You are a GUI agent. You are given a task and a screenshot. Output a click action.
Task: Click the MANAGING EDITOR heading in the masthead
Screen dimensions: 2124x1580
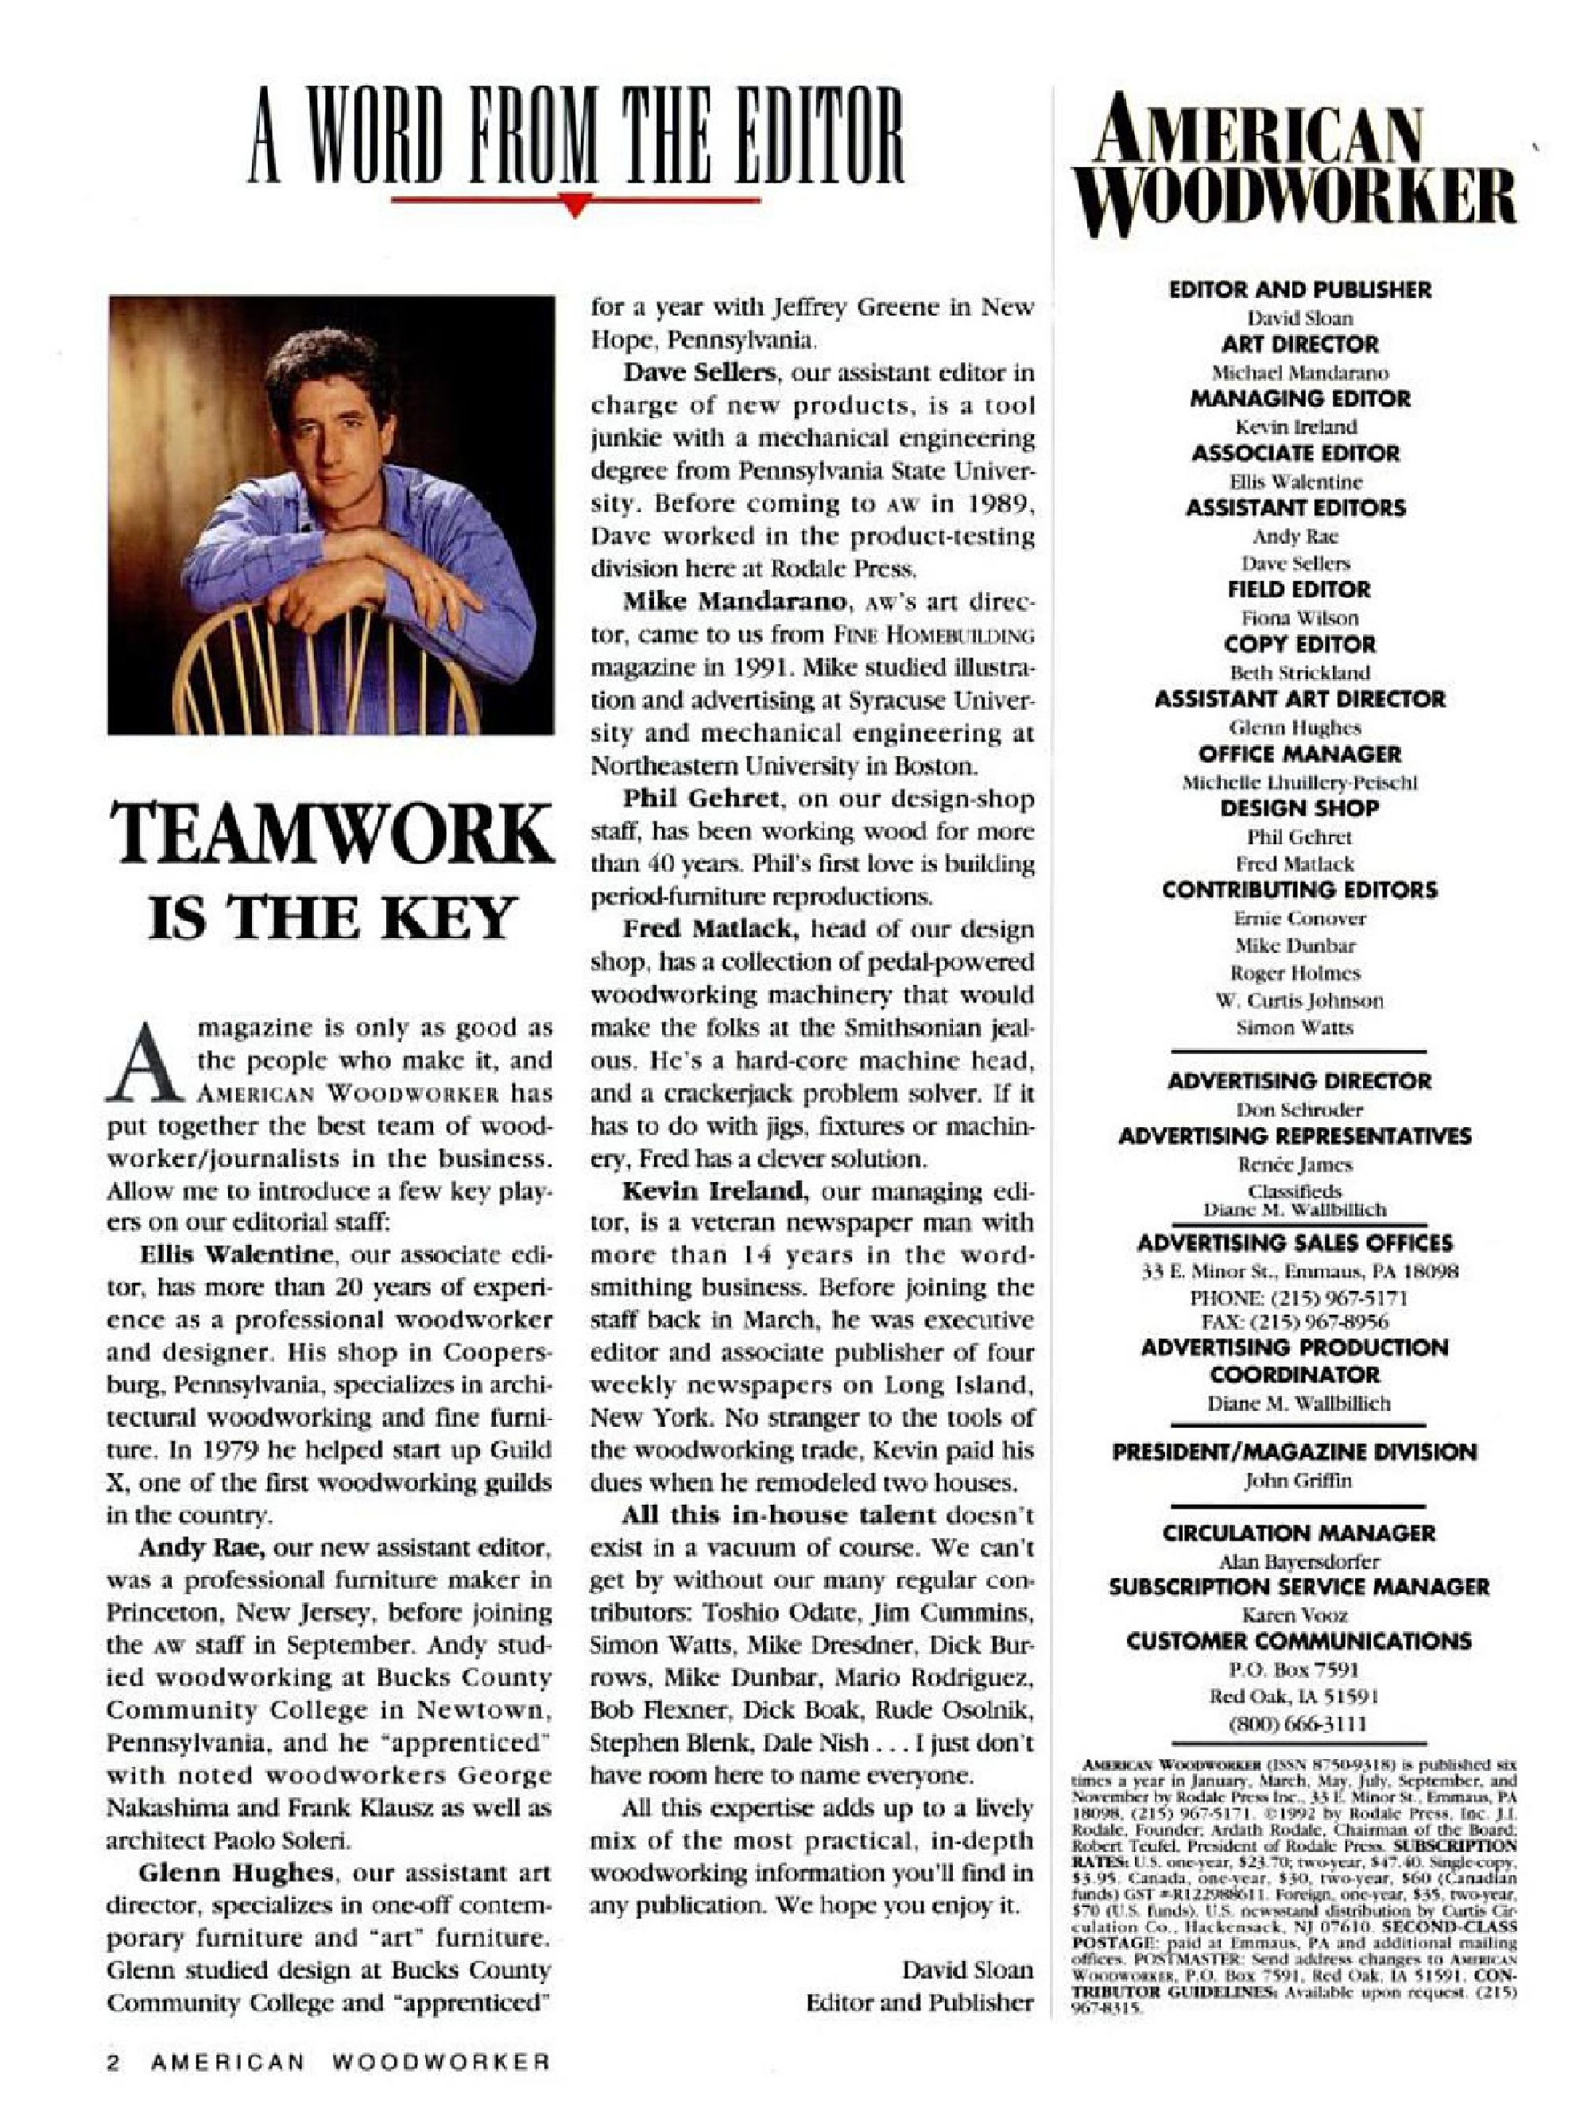click(x=1299, y=399)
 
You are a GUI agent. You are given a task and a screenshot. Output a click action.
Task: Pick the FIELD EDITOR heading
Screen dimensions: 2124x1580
click(x=1299, y=589)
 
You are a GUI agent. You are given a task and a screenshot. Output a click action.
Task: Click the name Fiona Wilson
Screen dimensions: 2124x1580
click(x=1299, y=618)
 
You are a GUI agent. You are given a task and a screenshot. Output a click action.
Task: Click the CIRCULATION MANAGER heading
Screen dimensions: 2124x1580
click(x=1299, y=1533)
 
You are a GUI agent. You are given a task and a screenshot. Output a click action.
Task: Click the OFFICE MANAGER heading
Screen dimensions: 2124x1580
click(x=1299, y=754)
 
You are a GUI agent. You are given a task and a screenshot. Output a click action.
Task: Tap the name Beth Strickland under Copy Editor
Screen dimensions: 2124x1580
click(x=1299, y=672)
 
